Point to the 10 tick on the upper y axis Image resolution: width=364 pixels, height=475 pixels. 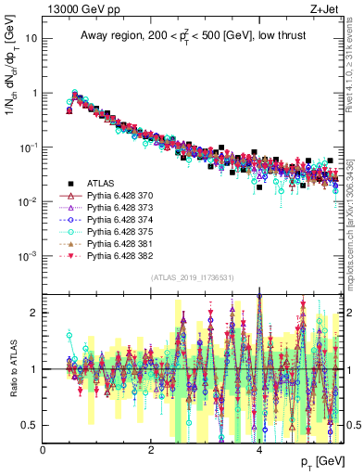[x=32, y=39]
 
